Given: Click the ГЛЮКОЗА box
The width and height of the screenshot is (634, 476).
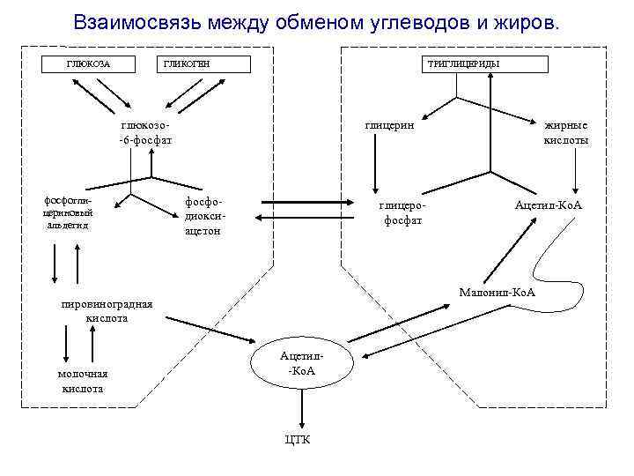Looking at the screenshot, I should pyautogui.click(x=88, y=64).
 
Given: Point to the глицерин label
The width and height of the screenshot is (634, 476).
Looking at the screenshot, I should pyautogui.click(x=390, y=125).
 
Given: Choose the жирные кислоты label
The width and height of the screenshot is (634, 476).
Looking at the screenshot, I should pyautogui.click(x=566, y=132).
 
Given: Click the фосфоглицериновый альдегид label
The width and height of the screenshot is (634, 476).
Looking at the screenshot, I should pyautogui.click(x=69, y=212).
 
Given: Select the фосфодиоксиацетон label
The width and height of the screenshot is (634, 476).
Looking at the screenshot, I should pyautogui.click(x=203, y=216).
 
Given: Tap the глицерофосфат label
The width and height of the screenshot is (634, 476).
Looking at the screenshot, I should pyautogui.click(x=402, y=212).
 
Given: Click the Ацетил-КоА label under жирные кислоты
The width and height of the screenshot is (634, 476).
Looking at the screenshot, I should pyautogui.click(x=549, y=205).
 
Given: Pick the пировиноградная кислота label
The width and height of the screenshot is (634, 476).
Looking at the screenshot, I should pyautogui.click(x=106, y=311).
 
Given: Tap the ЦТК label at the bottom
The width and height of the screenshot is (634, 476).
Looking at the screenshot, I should pyautogui.click(x=298, y=440).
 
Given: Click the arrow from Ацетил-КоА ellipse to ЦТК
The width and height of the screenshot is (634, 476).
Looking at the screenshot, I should pyautogui.click(x=302, y=408).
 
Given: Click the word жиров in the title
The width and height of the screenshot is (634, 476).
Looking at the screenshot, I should pyautogui.click(x=528, y=21).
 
